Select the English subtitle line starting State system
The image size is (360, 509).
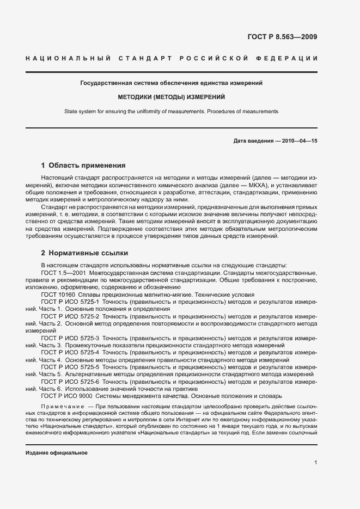(172, 111)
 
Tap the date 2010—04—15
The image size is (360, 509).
(299, 140)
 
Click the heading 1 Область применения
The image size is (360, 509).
(83, 165)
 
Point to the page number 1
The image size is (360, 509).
(316, 463)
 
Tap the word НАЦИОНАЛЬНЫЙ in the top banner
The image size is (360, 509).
(68, 58)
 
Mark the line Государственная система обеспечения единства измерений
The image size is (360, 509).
(172, 83)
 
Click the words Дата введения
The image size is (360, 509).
(253, 140)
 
